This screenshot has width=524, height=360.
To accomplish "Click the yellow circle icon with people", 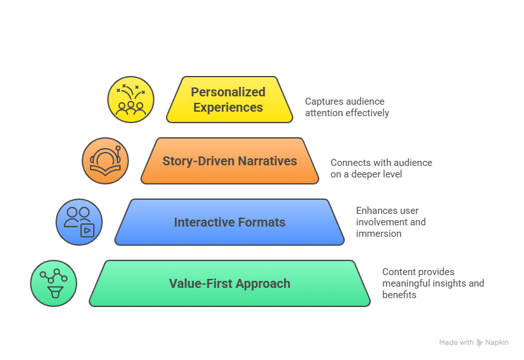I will [x=130, y=100].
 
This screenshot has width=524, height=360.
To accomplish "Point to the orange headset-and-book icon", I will [x=105, y=161].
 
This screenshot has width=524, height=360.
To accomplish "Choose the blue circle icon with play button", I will [x=79, y=222].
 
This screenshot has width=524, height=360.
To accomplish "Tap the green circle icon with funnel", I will [x=54, y=283].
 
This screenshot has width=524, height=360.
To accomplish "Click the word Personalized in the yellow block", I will [x=228, y=93].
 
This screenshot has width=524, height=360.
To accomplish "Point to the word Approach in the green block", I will [x=264, y=283].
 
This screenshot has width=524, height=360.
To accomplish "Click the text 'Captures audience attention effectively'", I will [x=347, y=107].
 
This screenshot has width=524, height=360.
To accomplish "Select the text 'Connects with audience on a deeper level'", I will [x=381, y=168].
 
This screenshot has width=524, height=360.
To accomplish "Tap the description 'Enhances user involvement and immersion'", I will [x=390, y=222].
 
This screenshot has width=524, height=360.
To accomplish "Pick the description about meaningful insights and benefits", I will [x=433, y=283].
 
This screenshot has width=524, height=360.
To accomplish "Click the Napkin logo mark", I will [x=480, y=343].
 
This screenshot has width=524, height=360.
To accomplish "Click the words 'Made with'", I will [x=456, y=343].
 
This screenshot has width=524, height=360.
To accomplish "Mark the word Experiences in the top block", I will [x=228, y=107].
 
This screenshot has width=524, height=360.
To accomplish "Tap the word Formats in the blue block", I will [x=260, y=222].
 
